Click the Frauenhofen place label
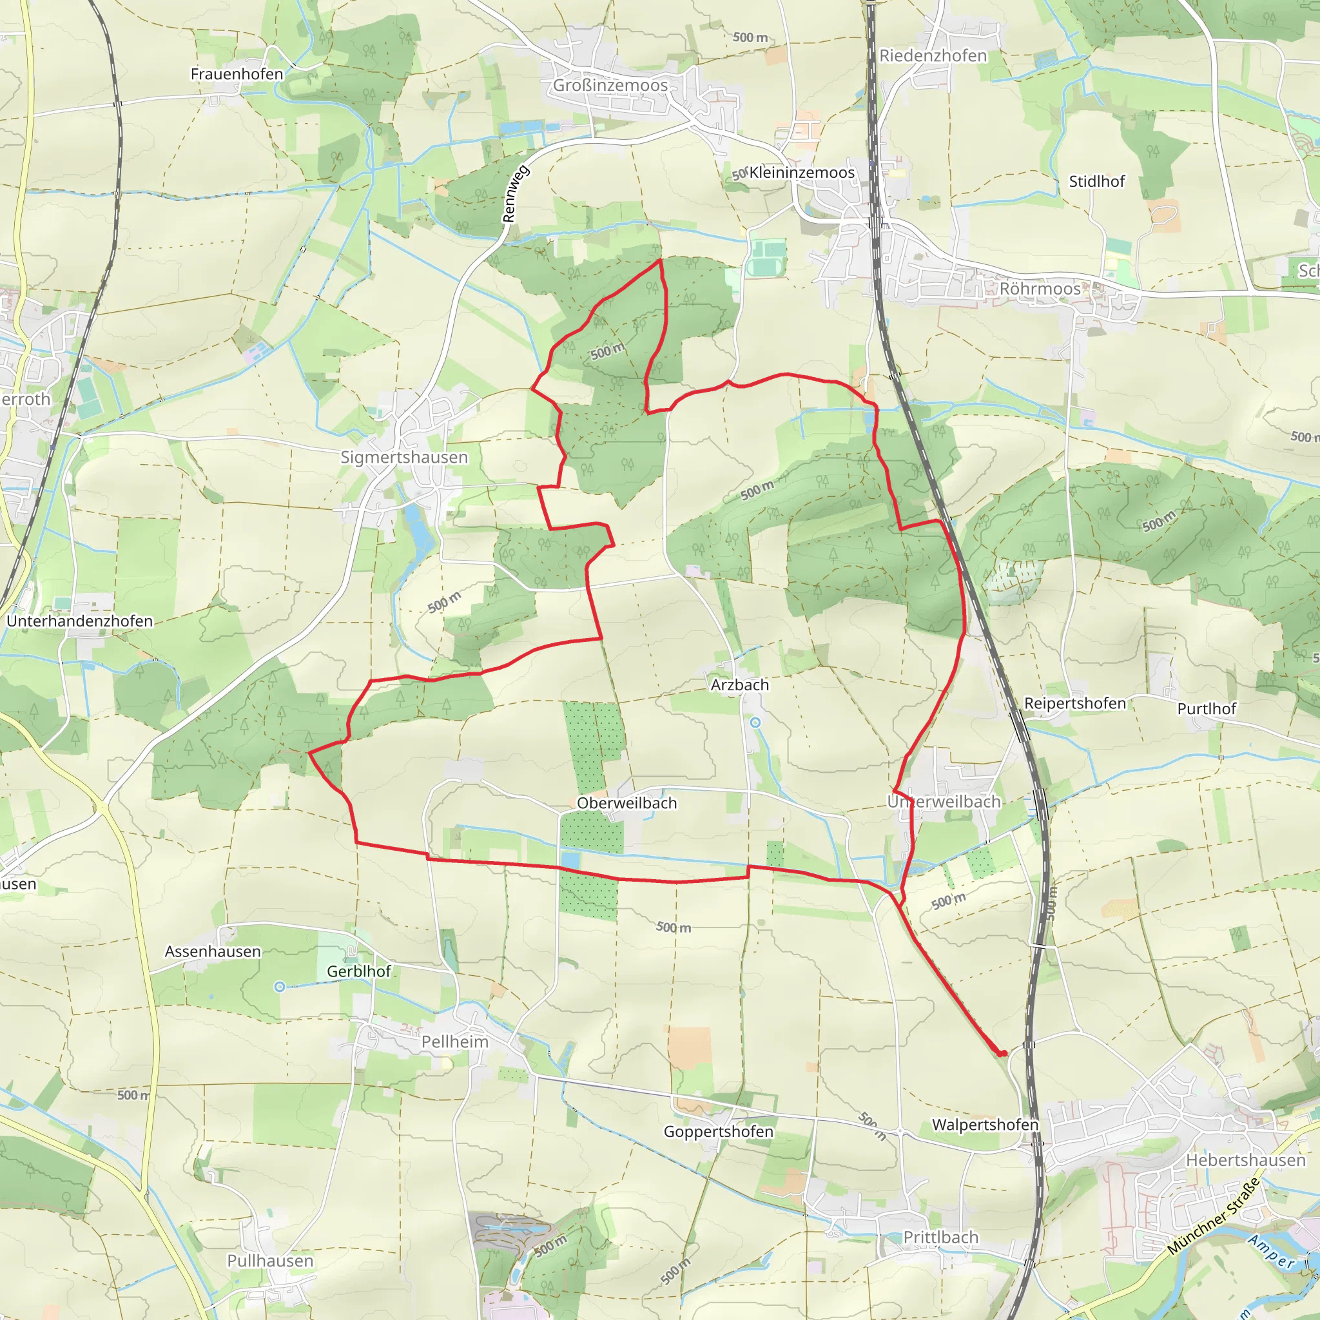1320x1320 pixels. click(237, 73)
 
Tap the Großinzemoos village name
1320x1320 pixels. click(610, 86)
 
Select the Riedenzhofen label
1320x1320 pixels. click(933, 56)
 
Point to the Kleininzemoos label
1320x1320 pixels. click(801, 173)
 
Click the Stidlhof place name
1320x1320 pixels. click(1096, 182)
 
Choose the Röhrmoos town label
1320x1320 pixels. click(1040, 289)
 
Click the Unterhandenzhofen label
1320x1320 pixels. click(80, 621)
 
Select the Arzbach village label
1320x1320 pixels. click(739, 684)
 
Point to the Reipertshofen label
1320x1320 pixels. click(1074, 703)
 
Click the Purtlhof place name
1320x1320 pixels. click(1206, 708)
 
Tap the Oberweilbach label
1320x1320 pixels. click(626, 803)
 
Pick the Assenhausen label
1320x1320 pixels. click(213, 951)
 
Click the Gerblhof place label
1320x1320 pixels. click(359, 971)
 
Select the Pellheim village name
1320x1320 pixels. click(454, 1042)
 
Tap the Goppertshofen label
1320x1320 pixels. click(718, 1131)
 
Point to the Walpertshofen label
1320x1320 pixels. click(985, 1125)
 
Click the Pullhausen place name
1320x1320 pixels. click(270, 1261)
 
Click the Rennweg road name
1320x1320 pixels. click(516, 194)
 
